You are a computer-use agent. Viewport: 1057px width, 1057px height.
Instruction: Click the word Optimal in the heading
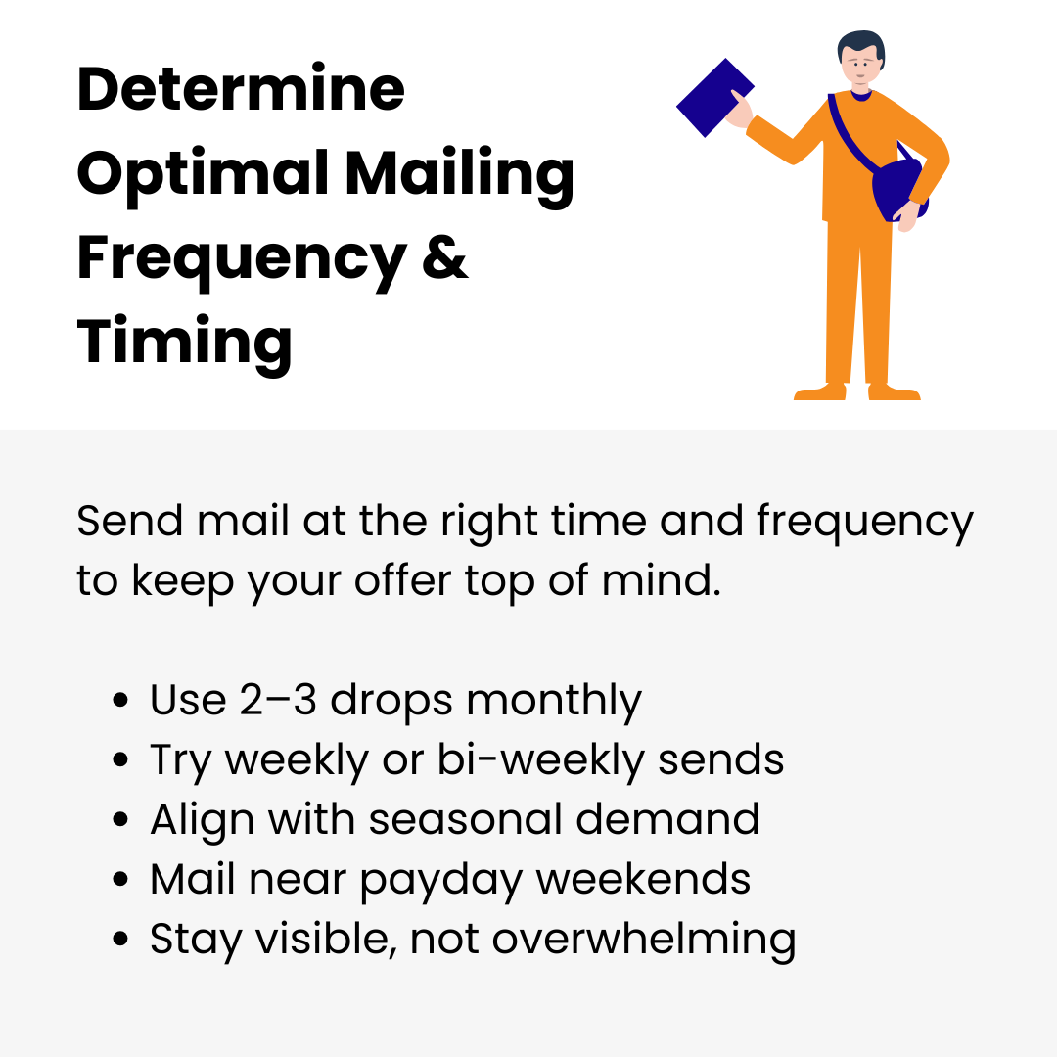point(203,174)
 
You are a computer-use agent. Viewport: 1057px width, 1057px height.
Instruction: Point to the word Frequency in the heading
point(242,259)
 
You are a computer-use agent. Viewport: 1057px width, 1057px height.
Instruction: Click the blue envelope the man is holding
point(714,98)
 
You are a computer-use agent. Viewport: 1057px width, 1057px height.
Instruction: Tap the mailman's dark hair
point(861,44)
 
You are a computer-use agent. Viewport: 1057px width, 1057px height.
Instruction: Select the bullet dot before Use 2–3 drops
point(120,700)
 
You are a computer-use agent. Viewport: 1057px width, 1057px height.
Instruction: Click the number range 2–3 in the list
point(278,699)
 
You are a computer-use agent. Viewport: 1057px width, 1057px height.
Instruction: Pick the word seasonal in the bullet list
point(465,819)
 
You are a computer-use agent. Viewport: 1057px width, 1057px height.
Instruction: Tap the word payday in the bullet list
point(440,881)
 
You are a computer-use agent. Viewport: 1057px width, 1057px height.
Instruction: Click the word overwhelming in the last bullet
point(644,939)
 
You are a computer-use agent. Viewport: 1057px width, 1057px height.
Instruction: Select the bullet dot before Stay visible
point(120,939)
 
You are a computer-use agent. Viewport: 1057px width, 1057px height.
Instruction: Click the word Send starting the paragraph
point(129,521)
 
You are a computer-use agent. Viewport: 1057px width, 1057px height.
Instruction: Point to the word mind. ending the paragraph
point(662,579)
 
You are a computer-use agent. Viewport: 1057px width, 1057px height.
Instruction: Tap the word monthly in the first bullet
point(553,701)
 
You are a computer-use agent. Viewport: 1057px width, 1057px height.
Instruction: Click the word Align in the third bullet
point(203,820)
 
